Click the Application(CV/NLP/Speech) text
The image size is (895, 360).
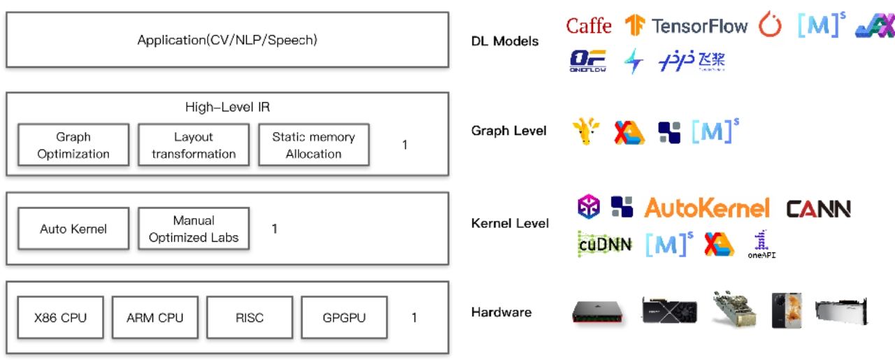click(x=227, y=40)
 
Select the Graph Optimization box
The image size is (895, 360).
click(x=73, y=145)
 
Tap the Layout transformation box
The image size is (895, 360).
click(x=194, y=145)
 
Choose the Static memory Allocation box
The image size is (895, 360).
click(x=313, y=145)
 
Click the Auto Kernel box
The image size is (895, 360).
click(x=73, y=229)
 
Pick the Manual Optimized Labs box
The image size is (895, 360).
click(x=194, y=229)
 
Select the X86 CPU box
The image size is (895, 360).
click(x=61, y=317)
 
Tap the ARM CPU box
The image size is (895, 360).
click(x=155, y=317)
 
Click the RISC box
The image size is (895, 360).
click(x=250, y=317)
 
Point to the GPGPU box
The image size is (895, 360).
click(x=344, y=317)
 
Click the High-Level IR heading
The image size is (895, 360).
click(x=227, y=107)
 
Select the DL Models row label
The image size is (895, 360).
click(x=505, y=41)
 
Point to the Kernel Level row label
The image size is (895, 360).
click(x=510, y=224)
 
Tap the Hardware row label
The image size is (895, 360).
click(x=501, y=312)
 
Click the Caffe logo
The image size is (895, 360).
click(x=588, y=27)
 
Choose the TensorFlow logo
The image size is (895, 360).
click(x=686, y=27)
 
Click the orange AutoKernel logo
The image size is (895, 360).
click(x=706, y=208)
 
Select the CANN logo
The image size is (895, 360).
click(x=818, y=208)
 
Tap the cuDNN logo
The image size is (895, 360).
click(x=605, y=243)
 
